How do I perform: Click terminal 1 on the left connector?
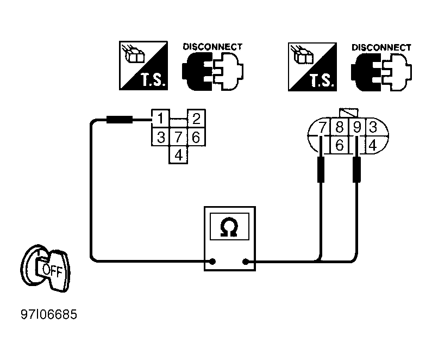click(x=160, y=119)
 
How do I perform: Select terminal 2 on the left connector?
click(x=197, y=119)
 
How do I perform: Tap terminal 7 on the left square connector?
click(x=179, y=136)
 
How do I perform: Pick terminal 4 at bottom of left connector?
click(x=179, y=154)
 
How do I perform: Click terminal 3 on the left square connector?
click(x=160, y=136)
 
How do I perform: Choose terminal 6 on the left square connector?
click(x=197, y=136)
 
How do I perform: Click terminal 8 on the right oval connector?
click(x=340, y=127)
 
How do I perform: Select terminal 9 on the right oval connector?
click(x=357, y=127)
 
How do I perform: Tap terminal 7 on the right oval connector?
click(x=322, y=127)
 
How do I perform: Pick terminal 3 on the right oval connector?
click(x=373, y=127)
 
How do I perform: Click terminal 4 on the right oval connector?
click(x=372, y=145)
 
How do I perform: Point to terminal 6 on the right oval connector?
click(x=340, y=145)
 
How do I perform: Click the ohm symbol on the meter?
click(x=229, y=227)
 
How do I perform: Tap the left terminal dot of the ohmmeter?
click(x=212, y=262)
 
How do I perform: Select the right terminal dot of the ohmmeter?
click(x=245, y=262)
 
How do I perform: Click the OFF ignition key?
click(x=46, y=269)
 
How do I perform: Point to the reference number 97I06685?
click(x=49, y=314)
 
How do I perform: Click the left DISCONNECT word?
click(x=212, y=47)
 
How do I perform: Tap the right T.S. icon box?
click(x=312, y=67)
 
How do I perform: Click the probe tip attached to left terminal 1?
click(x=120, y=120)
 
